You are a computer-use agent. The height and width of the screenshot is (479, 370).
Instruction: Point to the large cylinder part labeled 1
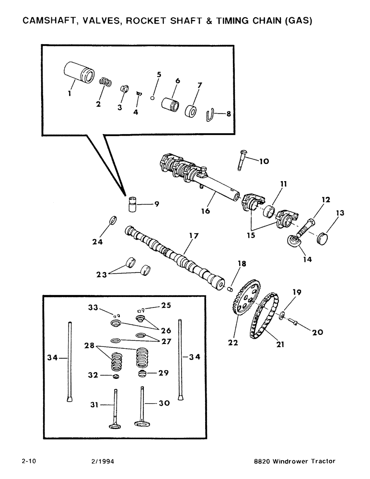point(78,73)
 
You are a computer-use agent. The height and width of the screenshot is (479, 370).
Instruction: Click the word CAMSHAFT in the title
point(48,21)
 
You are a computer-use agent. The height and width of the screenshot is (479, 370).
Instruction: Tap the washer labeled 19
point(282,317)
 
